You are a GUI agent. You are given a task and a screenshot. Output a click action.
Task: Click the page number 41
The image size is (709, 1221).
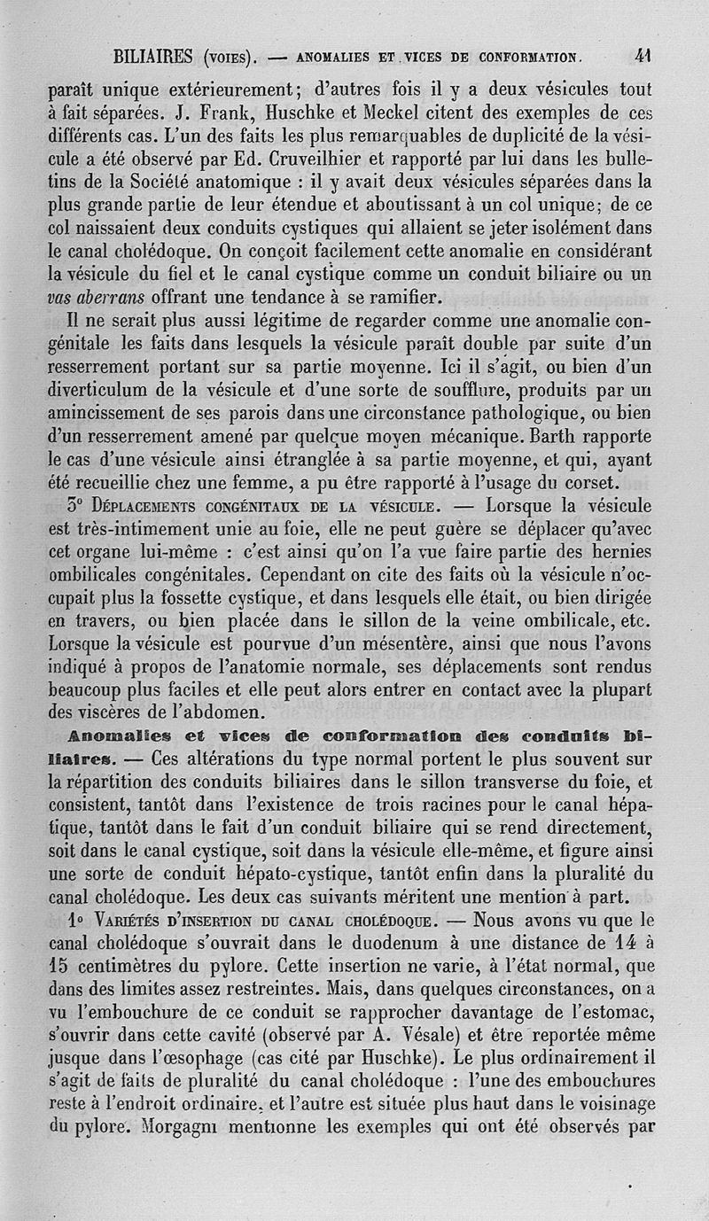click(643, 57)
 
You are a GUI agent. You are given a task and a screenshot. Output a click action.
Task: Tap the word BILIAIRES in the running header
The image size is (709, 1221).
click(153, 58)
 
